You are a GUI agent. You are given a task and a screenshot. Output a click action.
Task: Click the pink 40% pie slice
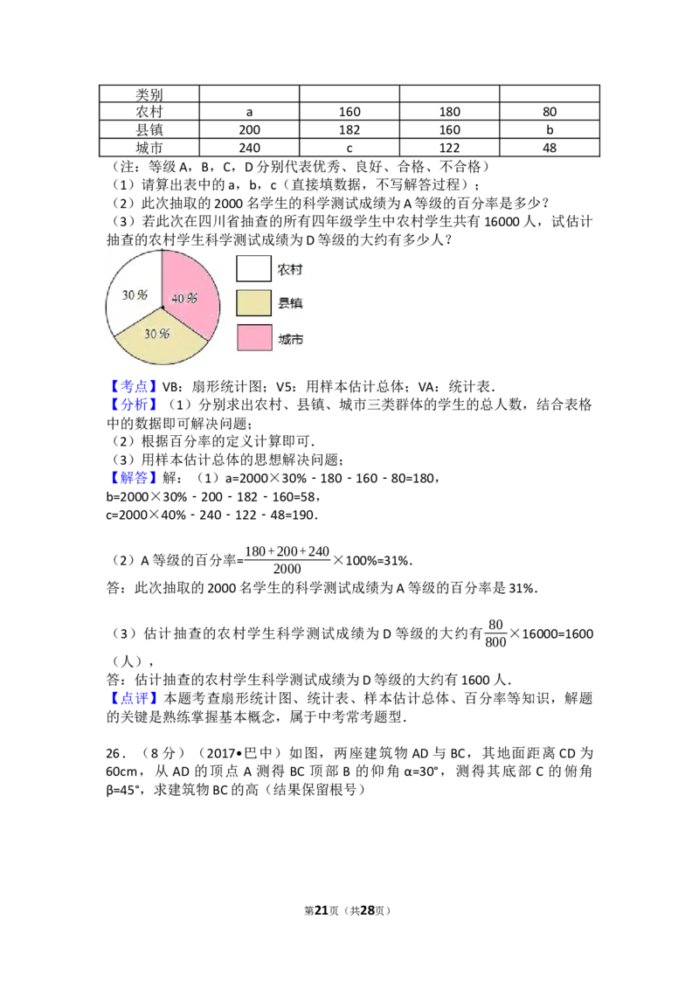tap(192, 280)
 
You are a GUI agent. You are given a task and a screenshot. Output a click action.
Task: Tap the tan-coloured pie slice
tap(162, 345)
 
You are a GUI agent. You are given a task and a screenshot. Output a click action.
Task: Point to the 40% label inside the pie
tap(184, 298)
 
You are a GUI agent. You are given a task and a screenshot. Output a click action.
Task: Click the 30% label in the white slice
tap(134, 294)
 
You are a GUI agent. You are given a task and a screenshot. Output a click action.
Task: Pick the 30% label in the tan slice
tap(156, 334)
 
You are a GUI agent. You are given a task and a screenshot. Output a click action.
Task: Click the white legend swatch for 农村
tap(253, 269)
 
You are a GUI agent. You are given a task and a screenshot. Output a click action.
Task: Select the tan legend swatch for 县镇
tap(253, 303)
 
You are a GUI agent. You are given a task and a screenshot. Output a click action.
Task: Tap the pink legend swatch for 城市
tap(253, 337)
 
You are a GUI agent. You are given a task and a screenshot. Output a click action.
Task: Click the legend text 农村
tap(290, 270)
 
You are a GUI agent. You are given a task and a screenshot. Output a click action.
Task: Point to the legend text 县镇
tap(290, 304)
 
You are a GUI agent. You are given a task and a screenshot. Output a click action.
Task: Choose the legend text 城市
tap(290, 339)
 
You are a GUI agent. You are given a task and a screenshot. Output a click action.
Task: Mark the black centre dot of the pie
tap(163, 308)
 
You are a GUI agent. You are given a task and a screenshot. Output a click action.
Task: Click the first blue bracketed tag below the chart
tap(135, 385)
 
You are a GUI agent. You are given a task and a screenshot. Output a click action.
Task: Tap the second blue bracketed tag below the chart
tap(135, 404)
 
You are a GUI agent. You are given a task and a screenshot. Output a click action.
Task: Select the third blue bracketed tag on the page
tap(135, 478)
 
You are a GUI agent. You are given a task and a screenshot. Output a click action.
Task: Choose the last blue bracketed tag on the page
tap(135, 698)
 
